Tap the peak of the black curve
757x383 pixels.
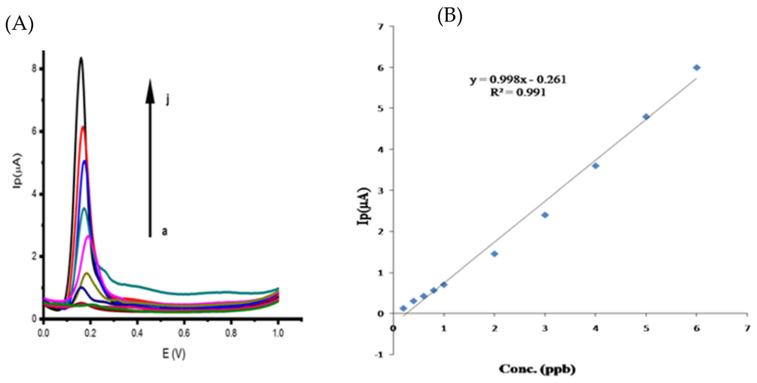click(x=81, y=58)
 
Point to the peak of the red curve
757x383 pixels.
click(x=83, y=127)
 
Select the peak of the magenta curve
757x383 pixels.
click(x=88, y=237)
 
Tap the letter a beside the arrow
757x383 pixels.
click(x=165, y=231)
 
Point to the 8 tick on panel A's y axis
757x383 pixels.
click(x=34, y=69)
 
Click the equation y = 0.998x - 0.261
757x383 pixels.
click(x=518, y=80)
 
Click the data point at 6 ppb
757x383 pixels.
click(x=696, y=68)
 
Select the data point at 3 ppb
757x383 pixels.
click(x=545, y=215)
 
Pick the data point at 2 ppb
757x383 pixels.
click(x=495, y=254)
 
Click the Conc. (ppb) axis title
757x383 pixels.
click(x=537, y=369)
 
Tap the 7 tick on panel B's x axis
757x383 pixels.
click(x=747, y=328)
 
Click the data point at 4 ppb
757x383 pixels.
click(x=596, y=166)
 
